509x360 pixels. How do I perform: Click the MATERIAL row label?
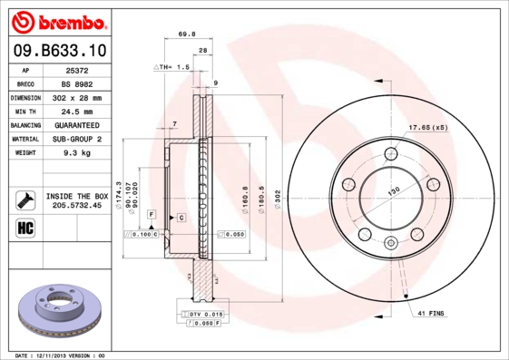coord(24,139)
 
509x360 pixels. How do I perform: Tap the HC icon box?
coord(24,228)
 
